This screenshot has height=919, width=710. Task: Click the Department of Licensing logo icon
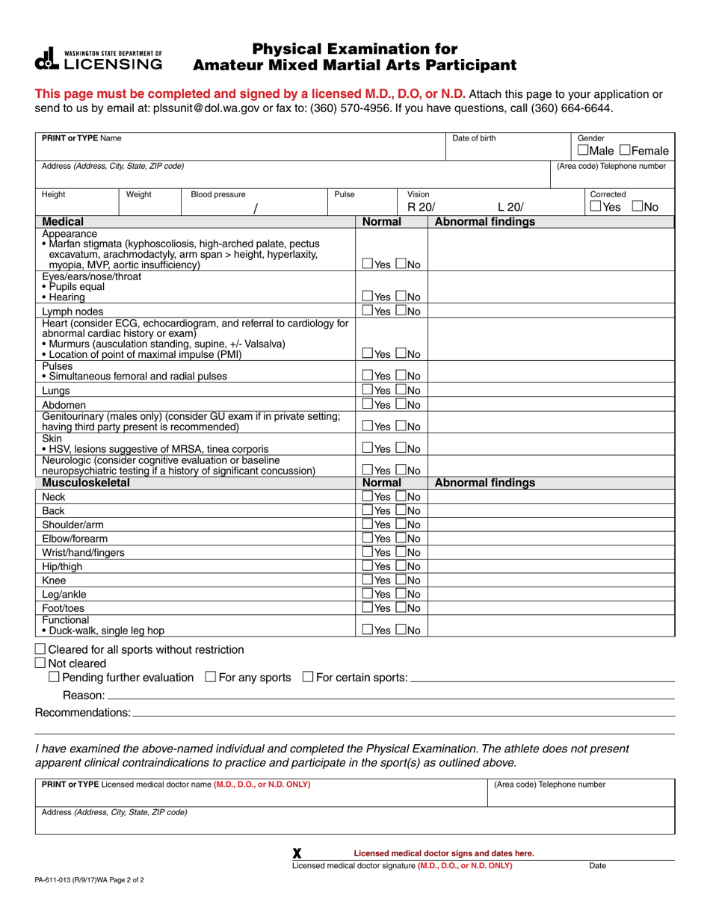[x=46, y=59]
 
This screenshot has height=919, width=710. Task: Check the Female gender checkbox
[x=624, y=151]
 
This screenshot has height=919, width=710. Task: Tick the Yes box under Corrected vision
[x=595, y=207]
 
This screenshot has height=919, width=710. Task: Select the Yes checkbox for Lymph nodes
[x=368, y=311]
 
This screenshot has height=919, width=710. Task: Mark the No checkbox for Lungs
[x=401, y=390]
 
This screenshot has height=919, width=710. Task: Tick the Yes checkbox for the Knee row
[x=368, y=580]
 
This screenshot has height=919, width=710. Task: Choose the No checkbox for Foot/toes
[x=401, y=607]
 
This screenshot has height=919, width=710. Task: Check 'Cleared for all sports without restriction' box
[x=40, y=649]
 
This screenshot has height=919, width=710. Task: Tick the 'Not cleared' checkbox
[x=40, y=663]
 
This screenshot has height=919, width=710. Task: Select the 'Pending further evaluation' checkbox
[x=54, y=677]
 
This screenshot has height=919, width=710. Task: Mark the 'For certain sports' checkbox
[x=308, y=677]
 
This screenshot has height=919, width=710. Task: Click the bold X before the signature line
[x=297, y=853]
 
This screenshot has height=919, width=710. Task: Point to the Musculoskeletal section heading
[x=86, y=483]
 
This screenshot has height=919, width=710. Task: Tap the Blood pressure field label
[x=217, y=194]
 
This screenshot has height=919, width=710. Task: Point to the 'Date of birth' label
[x=474, y=138]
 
